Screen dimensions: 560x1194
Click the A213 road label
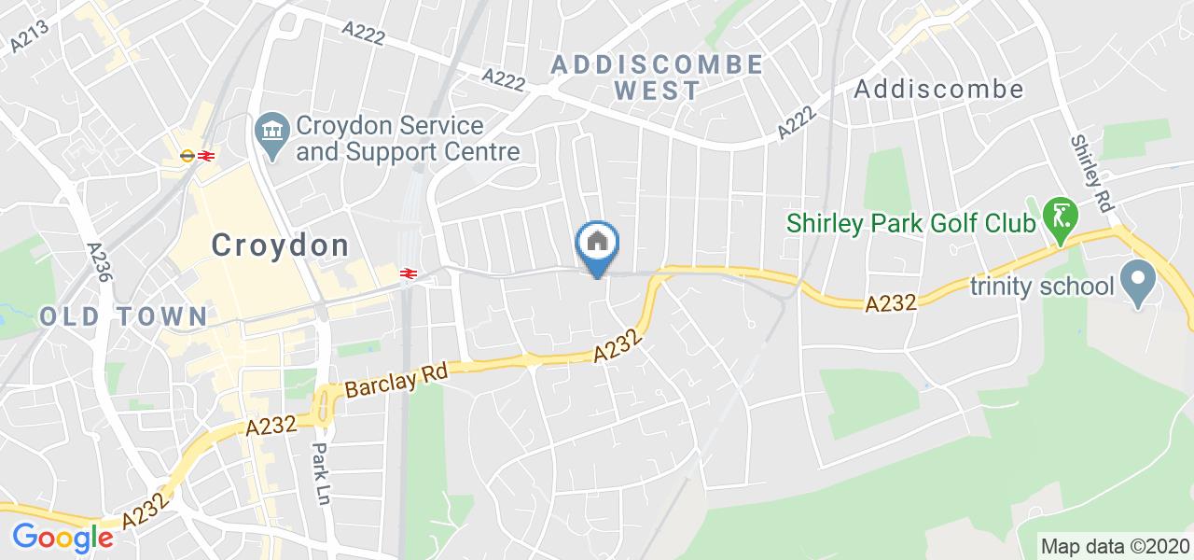click(x=29, y=35)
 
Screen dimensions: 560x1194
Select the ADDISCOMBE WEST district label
click(x=657, y=77)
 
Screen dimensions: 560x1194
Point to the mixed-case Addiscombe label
click(x=938, y=89)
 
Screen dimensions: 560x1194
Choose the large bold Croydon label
click(x=280, y=245)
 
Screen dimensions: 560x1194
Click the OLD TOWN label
click(x=124, y=316)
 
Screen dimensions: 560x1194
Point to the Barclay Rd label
click(x=397, y=379)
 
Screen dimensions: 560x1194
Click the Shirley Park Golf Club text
click(x=911, y=224)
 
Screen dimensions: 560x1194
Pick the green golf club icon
click(x=1061, y=214)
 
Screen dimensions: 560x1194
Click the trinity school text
click(x=1042, y=286)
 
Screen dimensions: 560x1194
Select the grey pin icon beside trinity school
click(x=1138, y=280)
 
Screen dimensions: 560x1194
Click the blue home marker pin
click(x=597, y=245)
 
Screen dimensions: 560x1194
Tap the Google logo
click(x=62, y=537)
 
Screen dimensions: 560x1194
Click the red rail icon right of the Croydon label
click(x=408, y=273)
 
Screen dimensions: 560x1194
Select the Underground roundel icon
click(x=187, y=156)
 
